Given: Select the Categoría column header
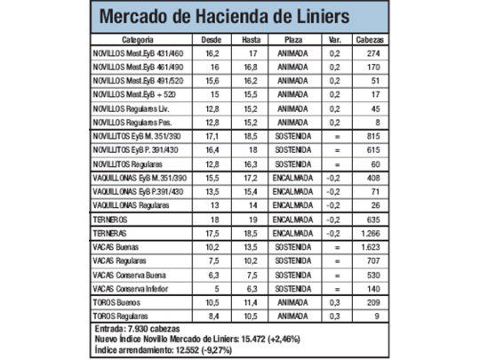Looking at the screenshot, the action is tap(138, 41).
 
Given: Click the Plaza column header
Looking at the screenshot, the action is tap(293, 41).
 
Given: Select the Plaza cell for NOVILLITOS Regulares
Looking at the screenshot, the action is tap(293, 164).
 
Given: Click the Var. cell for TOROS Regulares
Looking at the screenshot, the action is tap(335, 316).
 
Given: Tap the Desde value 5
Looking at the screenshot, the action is tap(212, 289).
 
